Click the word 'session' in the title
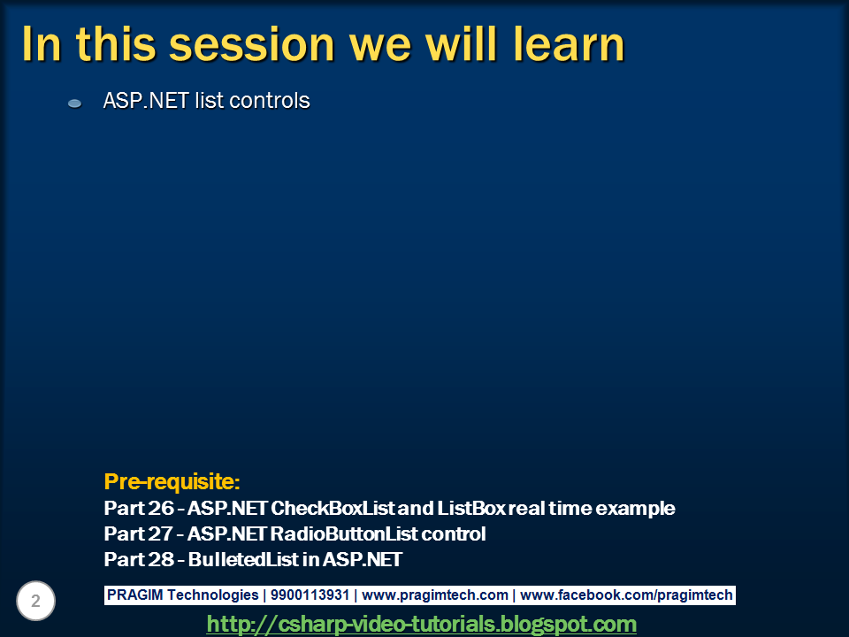click(x=252, y=45)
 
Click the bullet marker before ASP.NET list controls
click(x=74, y=104)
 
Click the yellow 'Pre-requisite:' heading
click(x=172, y=481)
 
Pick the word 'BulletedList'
click(x=244, y=559)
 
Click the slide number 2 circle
click(x=35, y=601)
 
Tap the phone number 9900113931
click(x=310, y=595)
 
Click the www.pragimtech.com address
click(x=435, y=595)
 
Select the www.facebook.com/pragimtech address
click(x=626, y=595)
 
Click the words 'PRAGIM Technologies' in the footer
click(x=182, y=595)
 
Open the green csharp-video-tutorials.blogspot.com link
click(x=421, y=624)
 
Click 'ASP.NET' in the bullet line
click(x=146, y=101)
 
